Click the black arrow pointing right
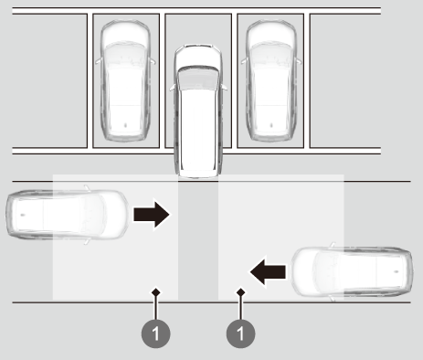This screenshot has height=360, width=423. pyautogui.click(x=152, y=215)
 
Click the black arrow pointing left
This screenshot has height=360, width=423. pyautogui.click(x=268, y=271)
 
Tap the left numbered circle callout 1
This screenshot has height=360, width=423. pyautogui.click(x=155, y=334)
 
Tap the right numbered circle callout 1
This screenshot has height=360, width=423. pyautogui.click(x=240, y=334)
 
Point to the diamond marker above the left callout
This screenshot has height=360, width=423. pyautogui.click(x=156, y=292)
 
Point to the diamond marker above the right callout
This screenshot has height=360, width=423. pyautogui.click(x=241, y=292)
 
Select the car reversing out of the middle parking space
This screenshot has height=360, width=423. pyautogui.click(x=198, y=111)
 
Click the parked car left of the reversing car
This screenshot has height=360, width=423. pyautogui.click(x=125, y=80)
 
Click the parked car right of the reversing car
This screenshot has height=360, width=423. pyautogui.click(x=271, y=80)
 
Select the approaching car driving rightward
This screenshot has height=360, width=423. pyautogui.click(x=67, y=215)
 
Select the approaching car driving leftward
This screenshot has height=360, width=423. pyautogui.click(x=352, y=271)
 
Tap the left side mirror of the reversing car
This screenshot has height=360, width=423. pyautogui.click(x=173, y=88)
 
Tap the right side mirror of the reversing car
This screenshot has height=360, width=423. pyautogui.click(x=224, y=88)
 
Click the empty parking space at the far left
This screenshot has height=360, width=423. pyautogui.click(x=49, y=80)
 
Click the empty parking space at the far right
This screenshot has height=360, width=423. pyautogui.click(x=345, y=80)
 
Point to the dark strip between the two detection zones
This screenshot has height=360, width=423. pyautogui.click(x=198, y=240)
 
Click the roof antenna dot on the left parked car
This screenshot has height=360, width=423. pyautogui.click(x=125, y=125)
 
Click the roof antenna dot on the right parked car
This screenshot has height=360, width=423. pyautogui.click(x=271, y=125)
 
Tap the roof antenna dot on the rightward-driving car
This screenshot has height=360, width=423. pyautogui.click(x=23, y=215)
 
